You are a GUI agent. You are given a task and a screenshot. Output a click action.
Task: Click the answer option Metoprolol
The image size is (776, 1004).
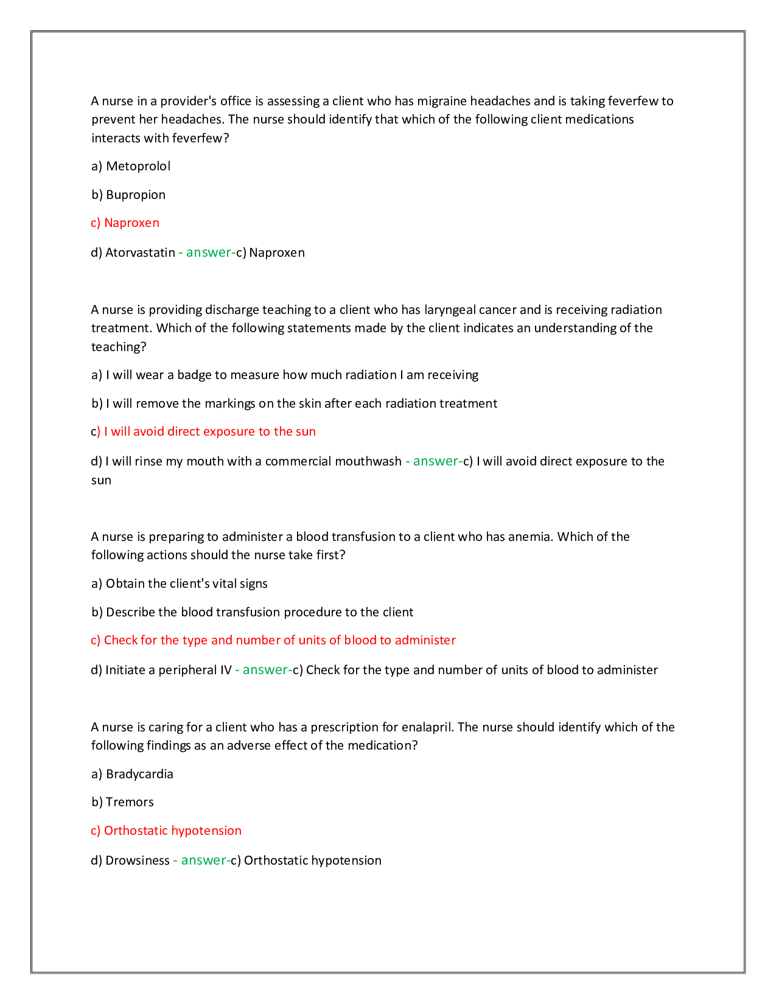[x=138, y=166]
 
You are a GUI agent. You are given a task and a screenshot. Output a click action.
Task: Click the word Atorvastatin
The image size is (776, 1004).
[x=140, y=253]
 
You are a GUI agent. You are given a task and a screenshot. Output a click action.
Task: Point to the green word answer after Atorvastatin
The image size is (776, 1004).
[x=209, y=253]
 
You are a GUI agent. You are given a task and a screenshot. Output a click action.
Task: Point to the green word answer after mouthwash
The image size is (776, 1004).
[x=436, y=461]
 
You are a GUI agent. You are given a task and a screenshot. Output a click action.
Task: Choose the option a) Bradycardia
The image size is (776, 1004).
[x=132, y=774]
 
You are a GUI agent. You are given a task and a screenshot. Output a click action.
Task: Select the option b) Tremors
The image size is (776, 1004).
[x=122, y=802]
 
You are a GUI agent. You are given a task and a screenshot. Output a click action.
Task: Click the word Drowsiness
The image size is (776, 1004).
[x=137, y=860]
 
